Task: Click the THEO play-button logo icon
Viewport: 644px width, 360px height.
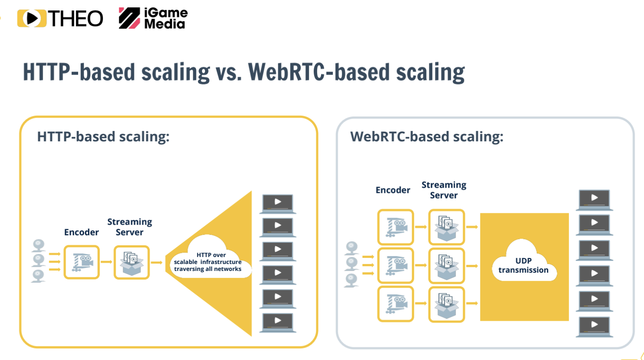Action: (31, 18)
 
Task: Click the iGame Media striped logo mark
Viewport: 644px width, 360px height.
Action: (130, 18)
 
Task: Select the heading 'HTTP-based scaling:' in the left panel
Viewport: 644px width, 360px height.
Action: (103, 137)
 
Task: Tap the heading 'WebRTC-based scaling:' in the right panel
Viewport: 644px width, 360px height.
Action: (427, 137)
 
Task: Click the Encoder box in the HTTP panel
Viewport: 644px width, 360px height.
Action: (82, 262)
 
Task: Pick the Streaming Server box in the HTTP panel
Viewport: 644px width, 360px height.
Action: (132, 262)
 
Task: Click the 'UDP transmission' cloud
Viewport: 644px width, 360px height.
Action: (524, 262)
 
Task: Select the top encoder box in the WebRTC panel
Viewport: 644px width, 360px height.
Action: (396, 227)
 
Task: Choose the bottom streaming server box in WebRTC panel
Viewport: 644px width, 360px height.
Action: (446, 304)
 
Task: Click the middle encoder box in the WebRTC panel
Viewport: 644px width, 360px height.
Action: (396, 265)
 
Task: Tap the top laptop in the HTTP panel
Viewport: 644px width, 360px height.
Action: (278, 204)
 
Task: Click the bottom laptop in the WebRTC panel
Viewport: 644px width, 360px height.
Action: (594, 327)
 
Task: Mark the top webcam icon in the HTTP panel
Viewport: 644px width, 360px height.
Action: (38, 246)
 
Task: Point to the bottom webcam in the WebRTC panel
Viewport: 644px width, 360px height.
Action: (351, 280)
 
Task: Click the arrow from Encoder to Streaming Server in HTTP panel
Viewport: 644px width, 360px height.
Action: (106, 262)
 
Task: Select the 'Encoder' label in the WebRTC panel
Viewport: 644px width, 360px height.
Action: (393, 190)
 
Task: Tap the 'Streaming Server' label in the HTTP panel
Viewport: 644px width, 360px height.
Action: (130, 227)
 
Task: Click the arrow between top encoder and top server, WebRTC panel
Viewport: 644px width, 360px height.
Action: (421, 227)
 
